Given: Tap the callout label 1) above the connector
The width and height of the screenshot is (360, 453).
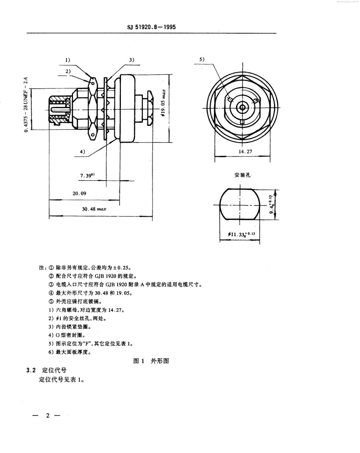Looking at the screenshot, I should tap(68, 60).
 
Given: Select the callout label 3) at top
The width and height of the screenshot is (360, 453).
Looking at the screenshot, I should tap(131, 60).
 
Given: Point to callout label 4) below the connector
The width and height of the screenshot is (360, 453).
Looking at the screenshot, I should tap(82, 152).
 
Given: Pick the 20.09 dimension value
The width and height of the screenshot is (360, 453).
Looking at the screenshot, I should tap(80, 193).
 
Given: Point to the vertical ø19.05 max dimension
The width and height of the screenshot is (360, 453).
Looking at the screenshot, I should tap(163, 105).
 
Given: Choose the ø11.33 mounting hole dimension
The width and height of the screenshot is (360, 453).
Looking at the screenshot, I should tap(242, 235).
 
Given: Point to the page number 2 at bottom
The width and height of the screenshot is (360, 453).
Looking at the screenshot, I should tap(48, 416).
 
